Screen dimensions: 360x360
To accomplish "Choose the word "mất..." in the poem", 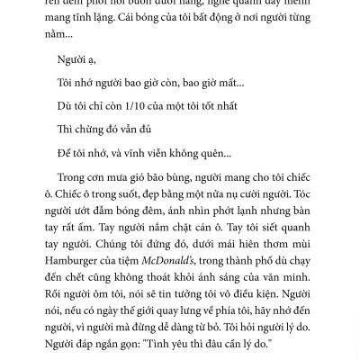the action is pos(227,83).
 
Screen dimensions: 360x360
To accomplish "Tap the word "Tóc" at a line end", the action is pos(301,193).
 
